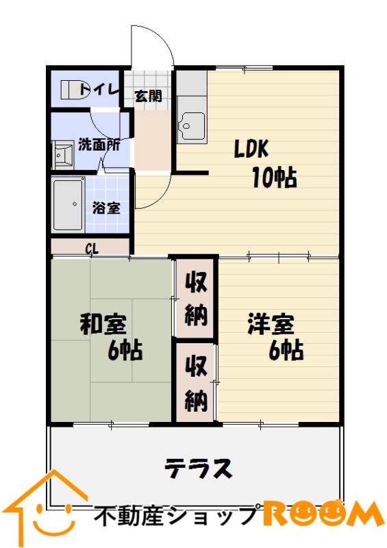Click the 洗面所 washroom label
pyautogui.click(x=99, y=145)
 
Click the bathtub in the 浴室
pyautogui.click(x=68, y=204)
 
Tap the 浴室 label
pyautogui.click(x=106, y=208)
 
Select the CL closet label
pyautogui.click(x=92, y=249)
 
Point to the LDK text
pyautogui.click(x=251, y=149)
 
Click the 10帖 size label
pyautogui.click(x=275, y=177)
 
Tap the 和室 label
pyautogui.click(x=103, y=324)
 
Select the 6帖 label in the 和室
pyautogui.click(x=125, y=351)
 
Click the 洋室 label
pyautogui.click(x=271, y=324)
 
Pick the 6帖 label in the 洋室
pyautogui.click(x=286, y=350)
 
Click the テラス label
pyautogui.click(x=198, y=469)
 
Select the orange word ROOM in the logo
pyautogui.click(x=323, y=514)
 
